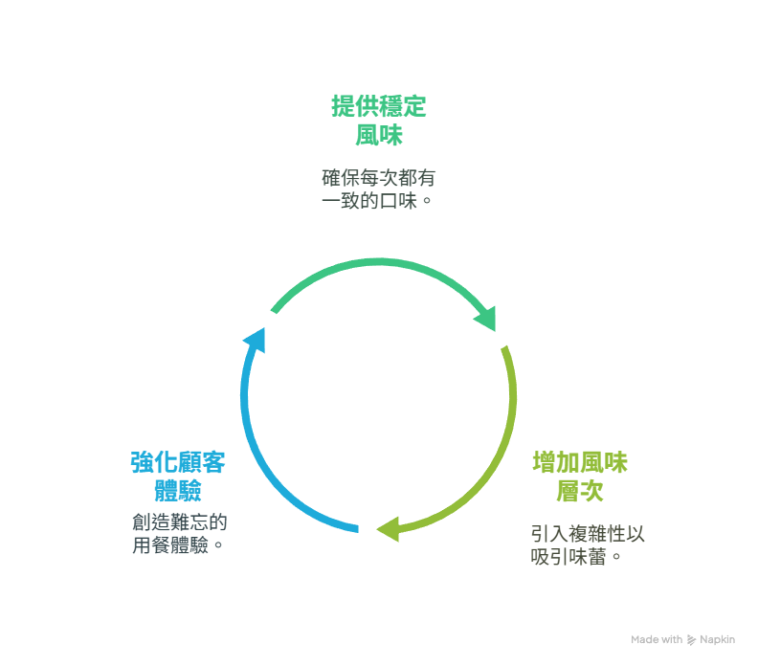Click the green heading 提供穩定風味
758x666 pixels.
pos(378,121)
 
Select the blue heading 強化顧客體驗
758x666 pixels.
pos(178,477)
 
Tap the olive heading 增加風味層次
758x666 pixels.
pos(580,477)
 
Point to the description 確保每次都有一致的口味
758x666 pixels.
pos(378,189)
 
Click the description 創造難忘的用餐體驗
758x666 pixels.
pos(179,534)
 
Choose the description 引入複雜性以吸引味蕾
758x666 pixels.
pos(588,545)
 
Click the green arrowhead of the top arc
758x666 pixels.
pos(486,319)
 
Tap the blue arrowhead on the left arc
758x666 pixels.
pos(255,340)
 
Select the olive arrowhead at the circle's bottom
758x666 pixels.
pos(388,529)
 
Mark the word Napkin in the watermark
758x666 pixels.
pos(717,639)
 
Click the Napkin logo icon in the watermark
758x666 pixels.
pos(691,640)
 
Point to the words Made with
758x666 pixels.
pos(657,639)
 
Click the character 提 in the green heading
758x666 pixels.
pos(343,106)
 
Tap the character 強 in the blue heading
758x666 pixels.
pos(142,462)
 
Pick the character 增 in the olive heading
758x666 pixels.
pos(545,462)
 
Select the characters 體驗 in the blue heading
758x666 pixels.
pos(178,491)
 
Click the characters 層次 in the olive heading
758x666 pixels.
pos(580,491)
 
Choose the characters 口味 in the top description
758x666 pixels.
pos(398,201)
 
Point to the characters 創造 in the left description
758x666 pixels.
pos(151,522)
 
